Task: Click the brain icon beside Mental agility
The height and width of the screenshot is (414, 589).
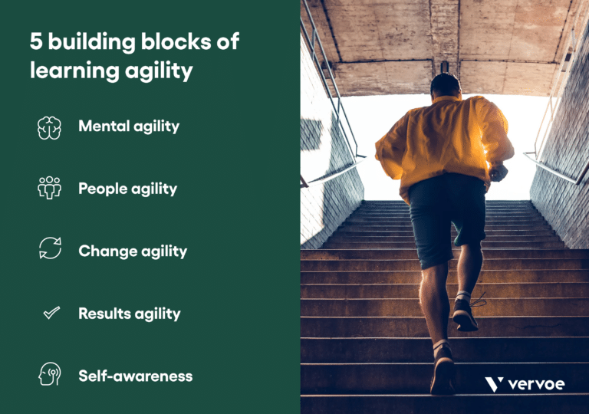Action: [49, 127]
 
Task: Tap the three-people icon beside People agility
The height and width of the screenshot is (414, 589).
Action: [49, 188]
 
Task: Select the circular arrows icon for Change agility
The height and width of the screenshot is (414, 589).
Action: [49, 249]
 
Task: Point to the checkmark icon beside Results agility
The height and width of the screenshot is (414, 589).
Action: [51, 313]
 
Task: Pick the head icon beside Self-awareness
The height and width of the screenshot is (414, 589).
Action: [49, 375]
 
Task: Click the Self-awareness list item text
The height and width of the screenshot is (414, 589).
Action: [135, 376]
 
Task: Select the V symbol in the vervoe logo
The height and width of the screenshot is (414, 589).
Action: [494, 384]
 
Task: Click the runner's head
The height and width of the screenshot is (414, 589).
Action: [445, 86]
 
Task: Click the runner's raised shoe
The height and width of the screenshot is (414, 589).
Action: [465, 314]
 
